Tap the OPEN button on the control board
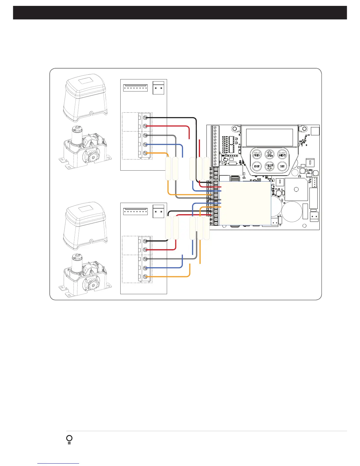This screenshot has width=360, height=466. [269, 154]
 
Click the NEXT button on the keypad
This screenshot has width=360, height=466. [282, 154]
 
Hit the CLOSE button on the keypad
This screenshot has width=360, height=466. [269, 166]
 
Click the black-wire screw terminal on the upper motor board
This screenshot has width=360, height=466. [145, 117]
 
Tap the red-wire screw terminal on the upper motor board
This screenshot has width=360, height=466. [145, 126]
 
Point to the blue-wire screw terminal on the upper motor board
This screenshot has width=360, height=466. [145, 144]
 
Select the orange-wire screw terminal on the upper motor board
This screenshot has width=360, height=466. [145, 153]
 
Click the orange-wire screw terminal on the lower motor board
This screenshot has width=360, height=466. [145, 277]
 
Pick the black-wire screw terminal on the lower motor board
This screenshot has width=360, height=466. [145, 241]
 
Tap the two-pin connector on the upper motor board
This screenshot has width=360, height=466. [158, 88]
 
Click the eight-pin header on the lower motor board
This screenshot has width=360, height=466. [135, 212]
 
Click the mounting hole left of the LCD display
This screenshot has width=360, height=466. [235, 128]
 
